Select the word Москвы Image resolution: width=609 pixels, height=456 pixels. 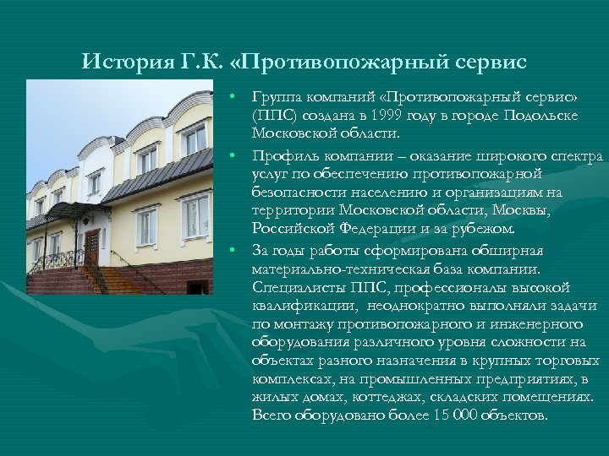[x=525, y=212]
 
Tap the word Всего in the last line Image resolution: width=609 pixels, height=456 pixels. [x=272, y=415]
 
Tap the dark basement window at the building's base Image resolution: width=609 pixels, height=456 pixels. [x=197, y=288]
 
